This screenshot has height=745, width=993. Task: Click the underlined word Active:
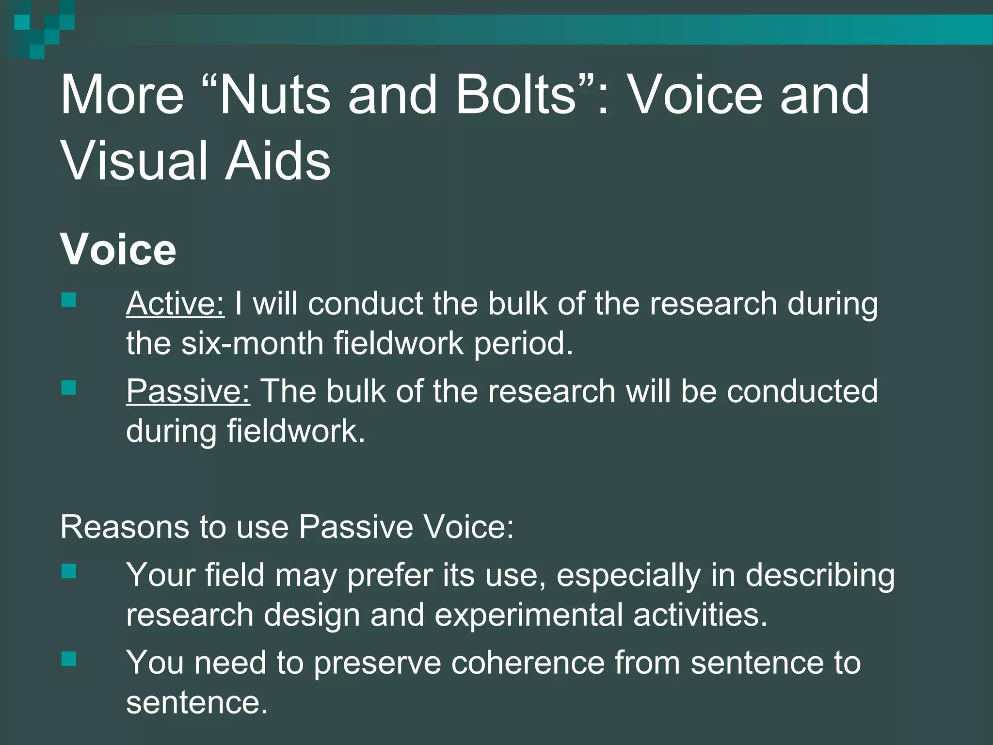tap(175, 304)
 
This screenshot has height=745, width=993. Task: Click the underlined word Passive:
tap(188, 391)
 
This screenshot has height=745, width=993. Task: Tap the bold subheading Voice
tap(118, 249)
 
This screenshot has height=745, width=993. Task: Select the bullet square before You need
tap(69, 659)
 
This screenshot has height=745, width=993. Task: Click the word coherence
tap(528, 663)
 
